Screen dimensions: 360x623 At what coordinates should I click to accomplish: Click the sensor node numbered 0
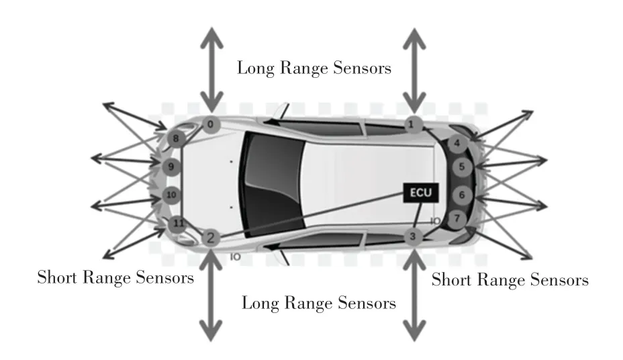(x=210, y=124)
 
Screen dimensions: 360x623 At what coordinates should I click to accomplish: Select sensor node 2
(x=210, y=237)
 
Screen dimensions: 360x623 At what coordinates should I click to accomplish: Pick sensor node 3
(x=414, y=236)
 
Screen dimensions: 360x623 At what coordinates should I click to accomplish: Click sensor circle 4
(x=457, y=143)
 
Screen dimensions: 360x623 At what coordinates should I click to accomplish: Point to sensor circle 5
(x=463, y=167)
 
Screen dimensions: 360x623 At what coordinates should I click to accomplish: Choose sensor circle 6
(x=463, y=195)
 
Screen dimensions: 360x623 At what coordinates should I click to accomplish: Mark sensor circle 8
(x=176, y=139)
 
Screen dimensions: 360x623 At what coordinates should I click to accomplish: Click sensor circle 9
(x=171, y=167)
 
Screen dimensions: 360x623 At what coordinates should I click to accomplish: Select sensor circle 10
(x=171, y=195)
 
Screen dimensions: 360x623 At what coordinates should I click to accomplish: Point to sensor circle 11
(x=178, y=224)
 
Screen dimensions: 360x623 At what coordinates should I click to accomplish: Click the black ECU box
(x=421, y=193)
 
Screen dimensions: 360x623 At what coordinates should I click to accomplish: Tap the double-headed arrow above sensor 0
(x=210, y=71)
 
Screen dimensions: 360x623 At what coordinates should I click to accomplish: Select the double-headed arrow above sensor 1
(x=414, y=71)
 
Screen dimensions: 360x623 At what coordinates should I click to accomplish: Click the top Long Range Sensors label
(x=314, y=68)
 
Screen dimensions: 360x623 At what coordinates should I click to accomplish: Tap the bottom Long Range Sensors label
(x=318, y=303)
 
